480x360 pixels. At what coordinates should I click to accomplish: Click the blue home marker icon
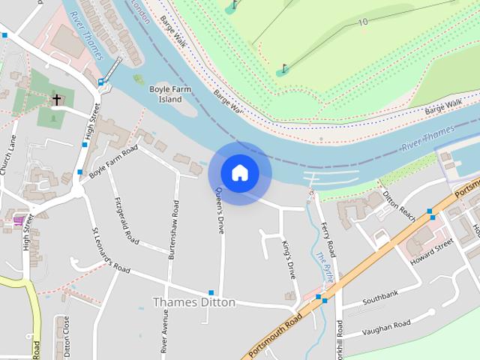pos(239,172)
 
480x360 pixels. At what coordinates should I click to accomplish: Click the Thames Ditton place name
pos(194,302)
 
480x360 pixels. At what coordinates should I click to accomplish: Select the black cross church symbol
pos(56,99)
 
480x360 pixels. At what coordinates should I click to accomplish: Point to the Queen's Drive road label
pos(219,211)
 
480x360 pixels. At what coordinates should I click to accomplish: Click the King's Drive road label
pos(288,259)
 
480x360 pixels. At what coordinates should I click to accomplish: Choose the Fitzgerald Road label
pos(127,221)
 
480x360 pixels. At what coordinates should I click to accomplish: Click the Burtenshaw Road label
pos(173,229)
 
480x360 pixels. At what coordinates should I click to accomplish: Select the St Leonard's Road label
pos(110,250)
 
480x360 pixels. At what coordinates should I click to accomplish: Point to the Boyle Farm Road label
pos(114,161)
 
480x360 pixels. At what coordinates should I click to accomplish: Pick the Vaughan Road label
pos(386,328)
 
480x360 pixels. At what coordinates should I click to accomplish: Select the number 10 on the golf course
pos(363,22)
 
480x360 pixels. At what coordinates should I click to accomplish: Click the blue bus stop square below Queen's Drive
pos(211,292)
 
